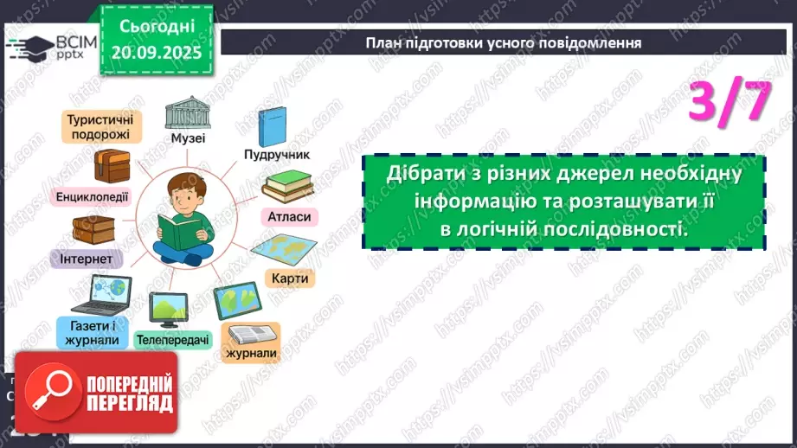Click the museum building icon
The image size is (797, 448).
(187, 112)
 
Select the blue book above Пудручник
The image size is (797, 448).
(272, 125)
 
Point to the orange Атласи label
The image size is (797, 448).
(289, 216)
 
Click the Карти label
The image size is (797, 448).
(291, 278)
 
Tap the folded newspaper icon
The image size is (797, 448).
(252, 333)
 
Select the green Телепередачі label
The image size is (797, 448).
(172, 340)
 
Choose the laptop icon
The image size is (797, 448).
(101, 295)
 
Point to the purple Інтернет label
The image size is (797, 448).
(91, 259)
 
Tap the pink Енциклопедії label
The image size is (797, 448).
(91, 196)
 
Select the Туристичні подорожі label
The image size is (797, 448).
(97, 127)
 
